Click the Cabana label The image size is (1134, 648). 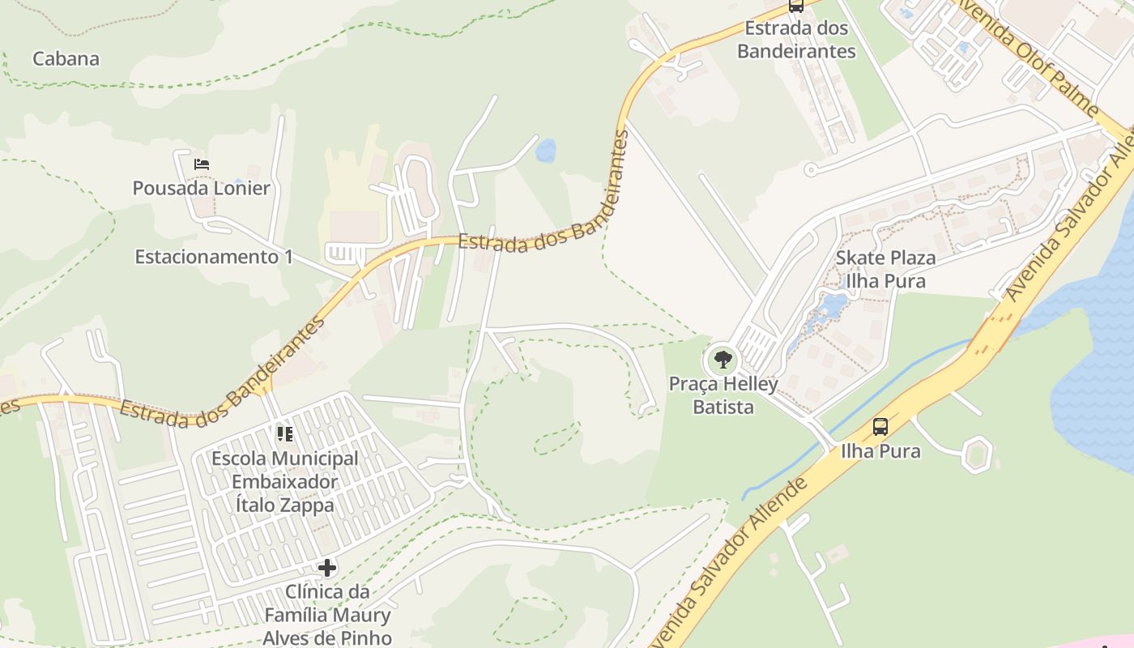pyautogui.click(x=66, y=58)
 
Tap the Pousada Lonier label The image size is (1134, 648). pyautogui.click(x=202, y=188)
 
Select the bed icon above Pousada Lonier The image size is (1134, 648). pyautogui.click(x=202, y=164)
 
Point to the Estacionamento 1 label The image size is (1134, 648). pyautogui.click(x=214, y=257)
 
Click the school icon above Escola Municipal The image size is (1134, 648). pyautogui.click(x=284, y=434)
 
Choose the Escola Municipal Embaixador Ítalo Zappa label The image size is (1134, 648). pyautogui.click(x=285, y=482)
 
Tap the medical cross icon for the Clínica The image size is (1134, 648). pyautogui.click(x=327, y=568)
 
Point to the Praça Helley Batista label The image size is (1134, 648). pyautogui.click(x=723, y=395)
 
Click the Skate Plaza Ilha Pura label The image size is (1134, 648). pyautogui.click(x=885, y=270)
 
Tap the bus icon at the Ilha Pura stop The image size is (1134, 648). pyautogui.click(x=880, y=426)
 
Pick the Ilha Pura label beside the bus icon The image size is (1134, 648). pyautogui.click(x=880, y=450)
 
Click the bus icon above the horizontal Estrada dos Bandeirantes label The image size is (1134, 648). pyautogui.click(x=796, y=6)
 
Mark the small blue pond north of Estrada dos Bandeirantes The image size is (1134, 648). pyautogui.click(x=546, y=151)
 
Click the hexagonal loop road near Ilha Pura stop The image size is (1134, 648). pyautogui.click(x=978, y=454)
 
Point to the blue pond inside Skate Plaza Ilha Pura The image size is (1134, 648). pyautogui.click(x=829, y=306)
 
